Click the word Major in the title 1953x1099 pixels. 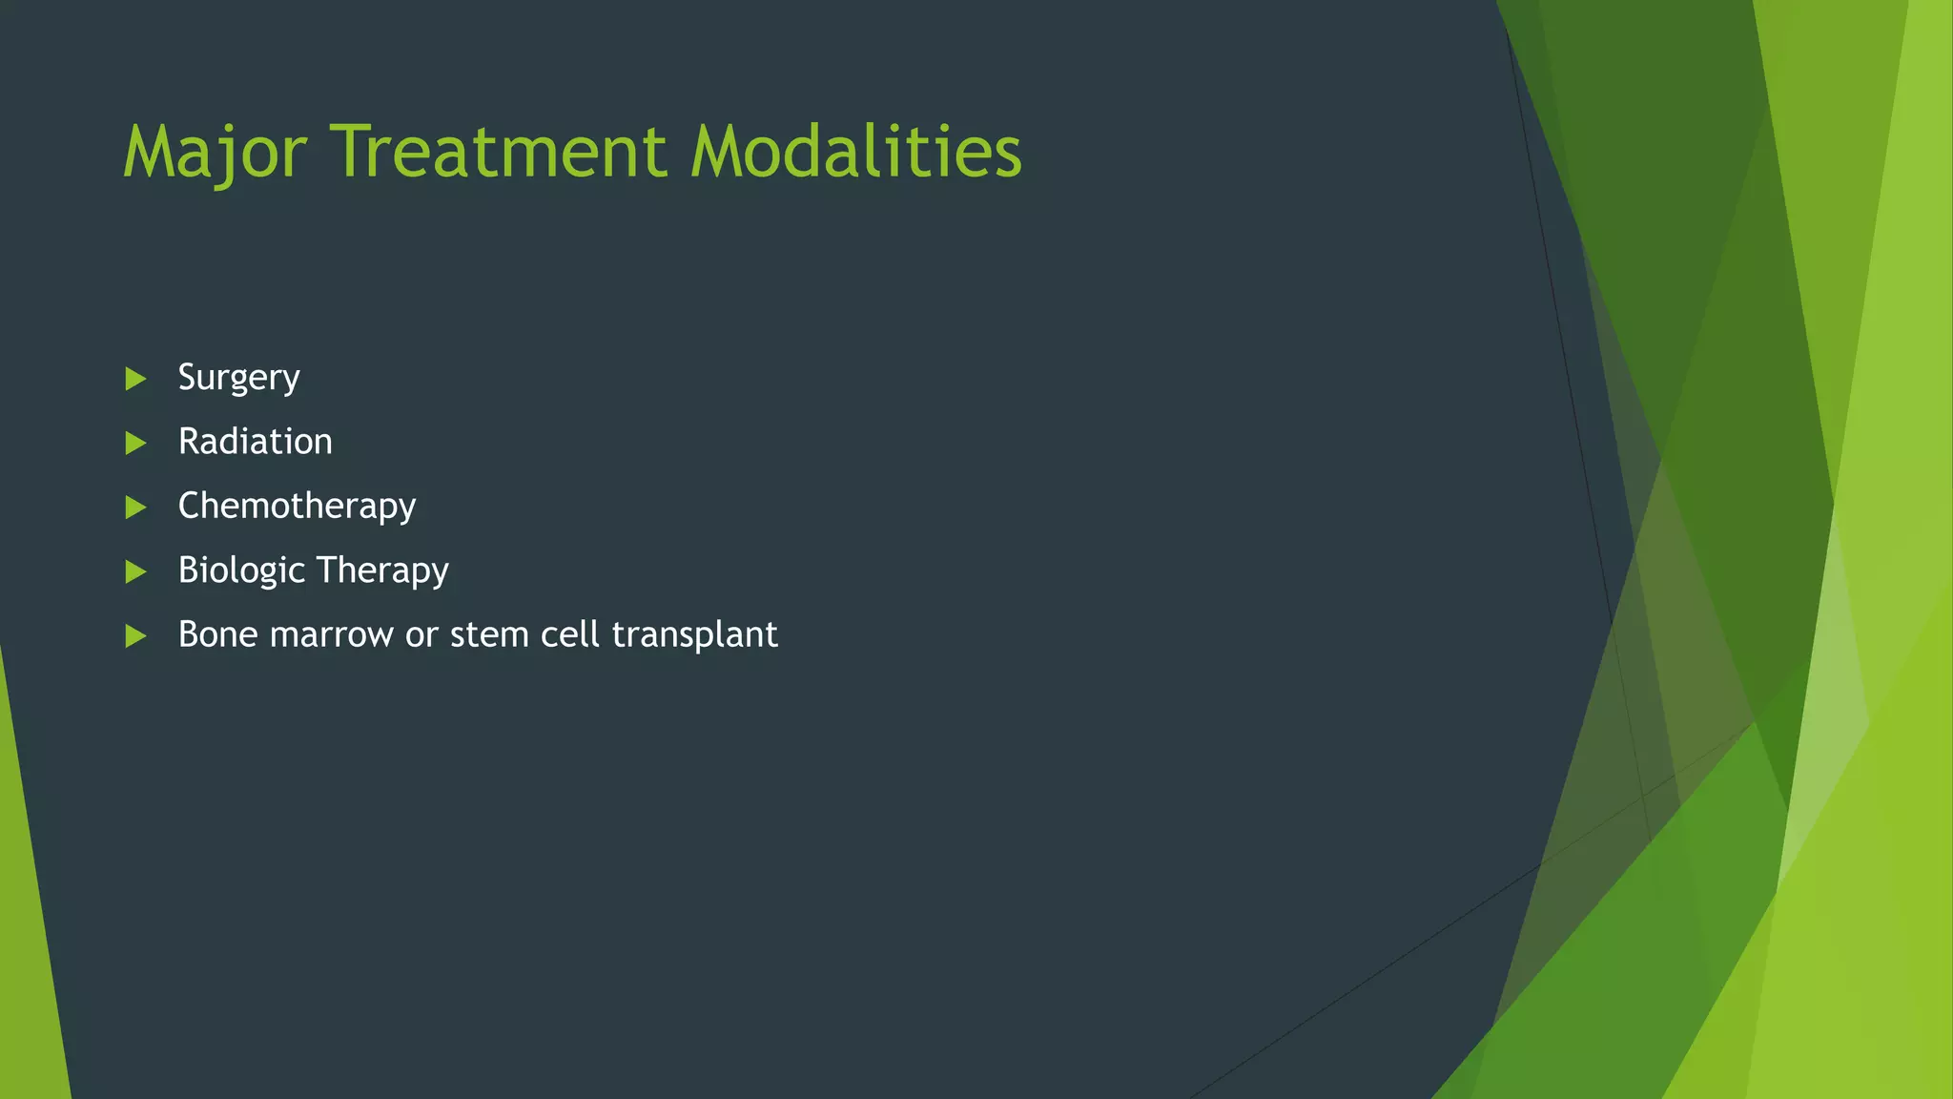pos(215,153)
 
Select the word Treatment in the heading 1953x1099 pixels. pos(498,153)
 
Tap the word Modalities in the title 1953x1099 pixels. pos(855,153)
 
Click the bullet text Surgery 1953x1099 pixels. pos(238,379)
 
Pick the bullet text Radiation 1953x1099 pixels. pos(255,442)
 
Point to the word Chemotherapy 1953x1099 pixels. pos(297,507)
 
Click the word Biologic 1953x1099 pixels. pos(241,570)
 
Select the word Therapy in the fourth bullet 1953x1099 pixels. pos(381,570)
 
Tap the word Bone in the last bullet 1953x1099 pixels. pos(218,634)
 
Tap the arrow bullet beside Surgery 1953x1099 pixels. pos(135,379)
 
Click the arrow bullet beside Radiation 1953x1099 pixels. pos(135,443)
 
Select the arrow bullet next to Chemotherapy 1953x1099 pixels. pos(135,507)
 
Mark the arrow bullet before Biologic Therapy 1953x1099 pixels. pos(135,571)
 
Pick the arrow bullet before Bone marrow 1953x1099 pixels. pos(135,635)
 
